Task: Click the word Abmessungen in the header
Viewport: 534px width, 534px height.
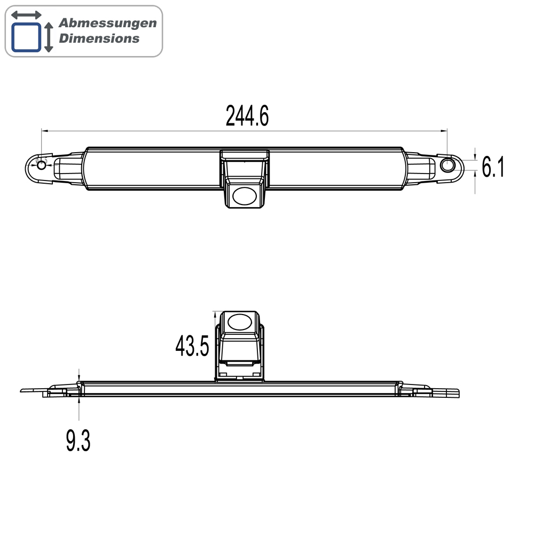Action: point(107,23)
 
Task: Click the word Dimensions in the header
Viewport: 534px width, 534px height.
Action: point(99,38)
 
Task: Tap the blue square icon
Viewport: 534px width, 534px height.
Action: point(26,37)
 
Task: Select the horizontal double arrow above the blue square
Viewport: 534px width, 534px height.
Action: point(26,15)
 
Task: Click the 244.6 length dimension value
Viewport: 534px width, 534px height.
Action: point(247,116)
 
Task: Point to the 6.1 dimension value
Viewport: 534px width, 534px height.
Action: point(492,168)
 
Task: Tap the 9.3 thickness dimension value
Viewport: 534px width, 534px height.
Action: point(78,442)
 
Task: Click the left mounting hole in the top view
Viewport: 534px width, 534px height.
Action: point(42,166)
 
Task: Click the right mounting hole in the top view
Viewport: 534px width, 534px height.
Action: point(447,166)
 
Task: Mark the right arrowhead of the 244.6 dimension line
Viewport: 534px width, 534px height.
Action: point(444,130)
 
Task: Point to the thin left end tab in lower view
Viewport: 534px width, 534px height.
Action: point(32,390)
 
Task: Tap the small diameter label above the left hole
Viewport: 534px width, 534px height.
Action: point(41,160)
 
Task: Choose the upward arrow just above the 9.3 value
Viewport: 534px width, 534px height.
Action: point(78,402)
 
